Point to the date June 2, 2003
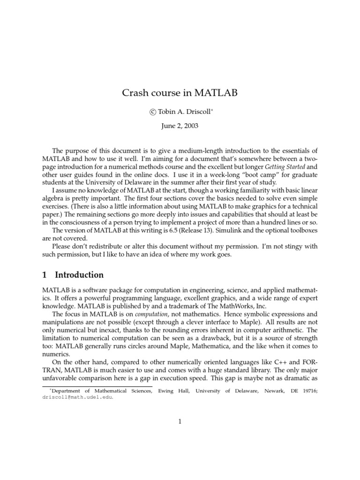(x=180, y=126)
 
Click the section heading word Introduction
(x=79, y=275)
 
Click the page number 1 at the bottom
(x=180, y=421)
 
